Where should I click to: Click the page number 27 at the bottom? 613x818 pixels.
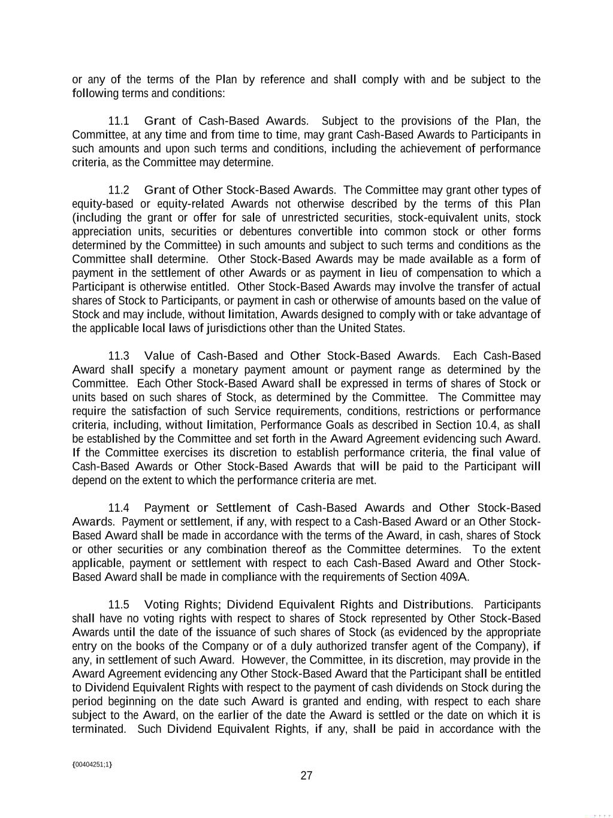click(x=306, y=776)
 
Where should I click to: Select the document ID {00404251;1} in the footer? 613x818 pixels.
click(x=92, y=765)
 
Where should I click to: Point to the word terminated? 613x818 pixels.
click(x=99, y=729)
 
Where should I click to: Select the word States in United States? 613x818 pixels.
click(x=389, y=328)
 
